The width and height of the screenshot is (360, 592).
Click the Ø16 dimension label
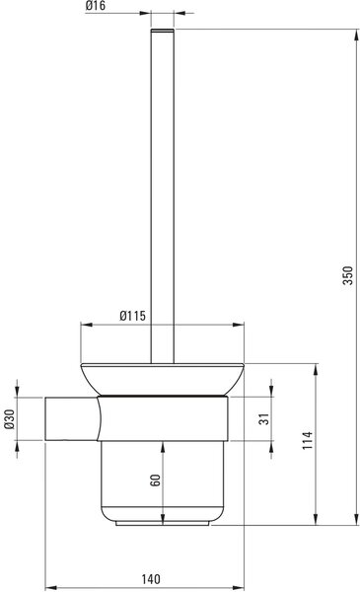tap(96, 6)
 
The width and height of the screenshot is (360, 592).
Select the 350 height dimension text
tap(348, 275)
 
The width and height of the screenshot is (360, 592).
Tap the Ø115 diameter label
tap(132, 316)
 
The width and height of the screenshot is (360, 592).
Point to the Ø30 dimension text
tap(10, 419)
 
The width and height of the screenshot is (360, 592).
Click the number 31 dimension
tap(264, 419)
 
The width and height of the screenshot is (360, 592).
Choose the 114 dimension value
tap(308, 440)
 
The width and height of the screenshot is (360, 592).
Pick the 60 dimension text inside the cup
tap(155, 480)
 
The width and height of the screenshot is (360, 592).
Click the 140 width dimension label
tap(151, 579)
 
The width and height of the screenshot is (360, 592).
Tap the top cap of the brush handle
tap(163, 31)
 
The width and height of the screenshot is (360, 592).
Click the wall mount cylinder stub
tap(72, 418)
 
